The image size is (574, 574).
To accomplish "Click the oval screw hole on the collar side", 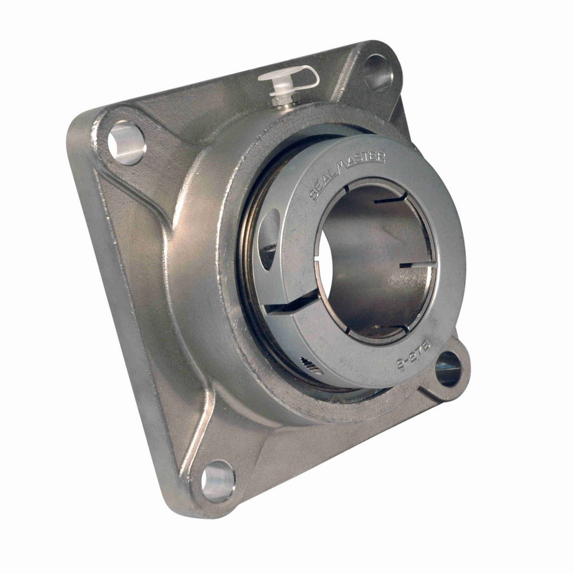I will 271,232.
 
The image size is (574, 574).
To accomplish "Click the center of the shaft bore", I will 371,261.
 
